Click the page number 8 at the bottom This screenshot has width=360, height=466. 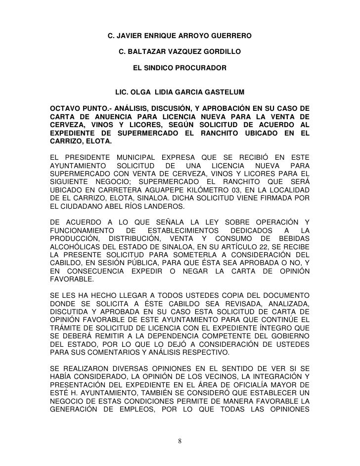click(x=180, y=441)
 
